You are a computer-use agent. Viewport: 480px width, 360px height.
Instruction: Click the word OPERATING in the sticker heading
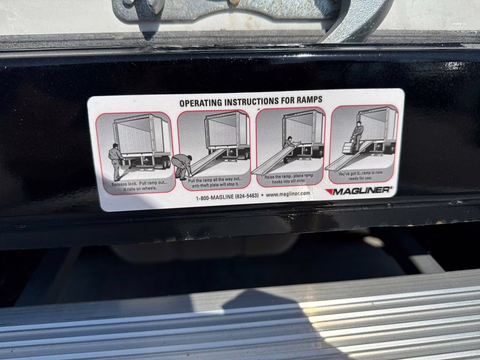[x=201, y=102]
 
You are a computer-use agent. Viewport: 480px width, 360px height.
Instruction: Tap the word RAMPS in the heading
[x=309, y=100]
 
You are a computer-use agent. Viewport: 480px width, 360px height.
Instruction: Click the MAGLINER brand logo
[x=359, y=190]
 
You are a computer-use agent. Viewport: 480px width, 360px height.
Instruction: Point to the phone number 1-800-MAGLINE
[x=227, y=196]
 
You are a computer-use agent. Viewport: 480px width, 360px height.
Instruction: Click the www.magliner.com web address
[x=288, y=194]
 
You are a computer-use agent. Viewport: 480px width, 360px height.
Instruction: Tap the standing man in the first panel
[x=115, y=161]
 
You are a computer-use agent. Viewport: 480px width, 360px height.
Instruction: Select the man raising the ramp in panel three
[x=288, y=142]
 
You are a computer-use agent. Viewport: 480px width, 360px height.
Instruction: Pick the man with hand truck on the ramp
[x=358, y=135]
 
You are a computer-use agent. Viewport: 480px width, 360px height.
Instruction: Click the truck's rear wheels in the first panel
[x=165, y=162]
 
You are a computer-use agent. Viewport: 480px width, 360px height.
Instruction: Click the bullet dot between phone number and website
[x=262, y=195]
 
